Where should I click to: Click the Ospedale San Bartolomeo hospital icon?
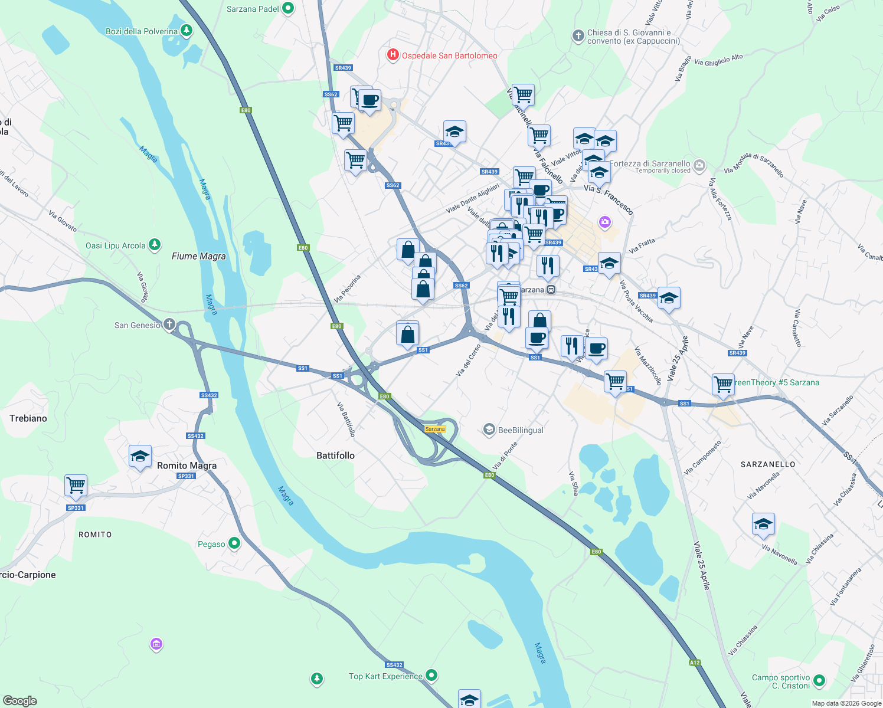(393, 55)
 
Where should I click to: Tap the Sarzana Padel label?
(253, 9)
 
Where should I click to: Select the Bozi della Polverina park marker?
(187, 29)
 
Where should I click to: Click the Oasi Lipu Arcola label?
(116, 245)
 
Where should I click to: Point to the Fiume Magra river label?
(198, 256)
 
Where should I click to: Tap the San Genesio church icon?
(169, 324)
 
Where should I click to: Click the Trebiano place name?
(28, 418)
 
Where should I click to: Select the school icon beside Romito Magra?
(140, 456)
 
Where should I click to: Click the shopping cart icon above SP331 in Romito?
(76, 486)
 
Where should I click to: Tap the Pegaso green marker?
(234, 543)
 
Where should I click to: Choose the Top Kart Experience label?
(385, 676)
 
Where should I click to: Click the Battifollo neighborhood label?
(335, 455)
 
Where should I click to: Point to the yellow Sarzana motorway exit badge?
(435, 429)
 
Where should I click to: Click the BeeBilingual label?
(521, 430)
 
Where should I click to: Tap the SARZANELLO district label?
(768, 464)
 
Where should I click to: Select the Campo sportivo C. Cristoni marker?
(819, 681)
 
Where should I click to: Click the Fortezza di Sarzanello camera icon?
(699, 165)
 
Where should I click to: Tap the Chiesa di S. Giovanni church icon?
(578, 36)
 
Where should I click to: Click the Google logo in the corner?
(20, 700)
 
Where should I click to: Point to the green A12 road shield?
(695, 663)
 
